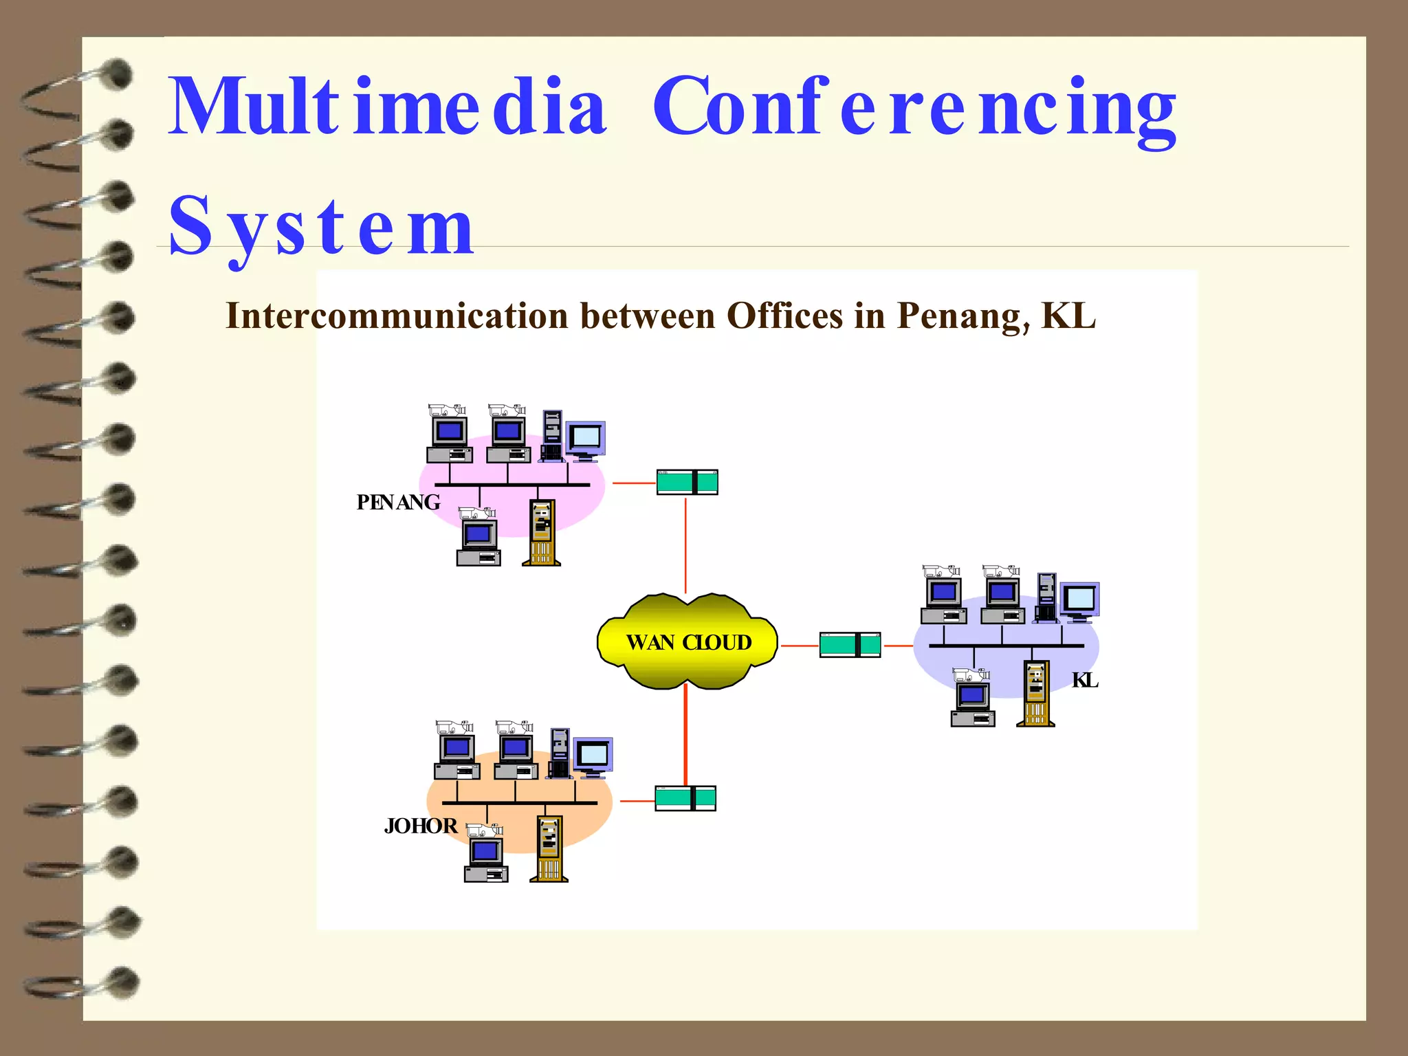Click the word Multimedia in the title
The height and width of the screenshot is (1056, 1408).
(387, 107)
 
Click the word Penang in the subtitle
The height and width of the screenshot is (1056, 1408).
(962, 316)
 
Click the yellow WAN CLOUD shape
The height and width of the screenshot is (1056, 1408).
(687, 641)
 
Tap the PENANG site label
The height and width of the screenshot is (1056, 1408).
(398, 503)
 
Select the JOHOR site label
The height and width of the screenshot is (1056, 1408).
(421, 826)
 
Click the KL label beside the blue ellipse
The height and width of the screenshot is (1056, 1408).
(1085, 681)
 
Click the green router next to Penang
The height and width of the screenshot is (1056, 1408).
(687, 483)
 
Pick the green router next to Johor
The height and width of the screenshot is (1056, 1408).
(685, 798)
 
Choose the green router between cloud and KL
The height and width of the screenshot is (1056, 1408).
(850, 645)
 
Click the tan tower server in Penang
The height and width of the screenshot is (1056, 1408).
(542, 533)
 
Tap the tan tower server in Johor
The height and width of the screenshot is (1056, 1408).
(549, 848)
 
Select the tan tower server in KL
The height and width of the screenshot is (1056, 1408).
(1035, 693)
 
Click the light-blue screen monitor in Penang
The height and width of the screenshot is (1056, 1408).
(586, 439)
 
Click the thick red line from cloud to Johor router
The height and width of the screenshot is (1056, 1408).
(685, 736)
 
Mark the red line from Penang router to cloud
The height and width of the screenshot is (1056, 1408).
(685, 545)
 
